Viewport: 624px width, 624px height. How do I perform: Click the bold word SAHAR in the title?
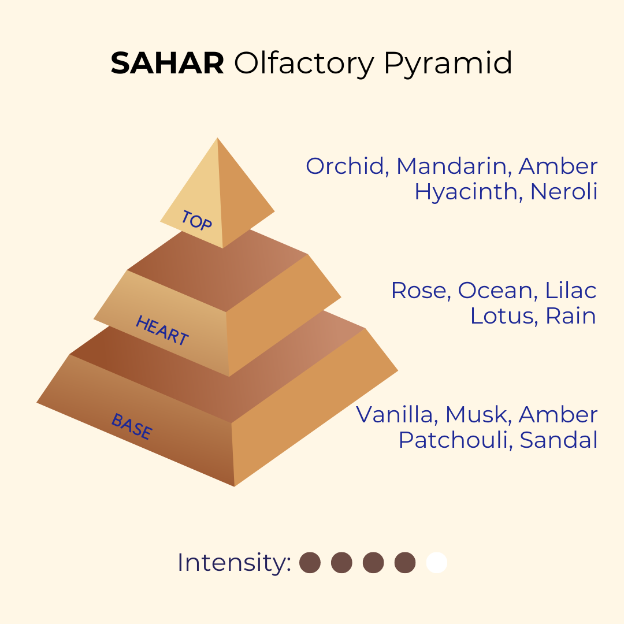(167, 64)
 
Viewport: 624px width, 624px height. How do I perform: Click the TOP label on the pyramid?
(196, 220)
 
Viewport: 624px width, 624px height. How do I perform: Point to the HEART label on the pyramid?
(162, 330)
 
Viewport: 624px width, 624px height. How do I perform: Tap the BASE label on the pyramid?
(131, 426)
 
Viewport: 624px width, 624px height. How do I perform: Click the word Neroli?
(564, 191)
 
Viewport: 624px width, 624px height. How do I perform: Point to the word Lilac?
(571, 290)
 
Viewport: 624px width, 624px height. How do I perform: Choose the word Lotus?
(504, 317)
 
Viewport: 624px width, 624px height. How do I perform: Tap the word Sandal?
(559, 440)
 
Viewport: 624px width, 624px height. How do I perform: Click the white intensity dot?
(437, 563)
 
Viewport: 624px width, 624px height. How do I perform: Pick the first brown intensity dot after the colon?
(310, 563)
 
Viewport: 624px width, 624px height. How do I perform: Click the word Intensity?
(234, 563)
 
